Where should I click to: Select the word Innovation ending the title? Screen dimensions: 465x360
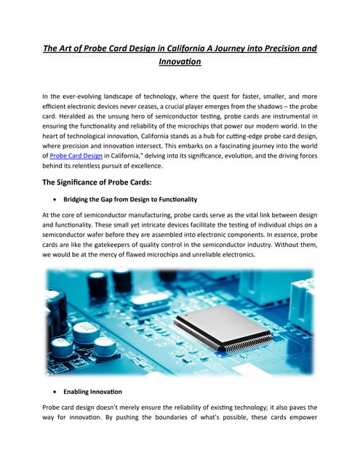pyautogui.click(x=179, y=62)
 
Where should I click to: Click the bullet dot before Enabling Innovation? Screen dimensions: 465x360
pyautogui.click(x=57, y=392)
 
